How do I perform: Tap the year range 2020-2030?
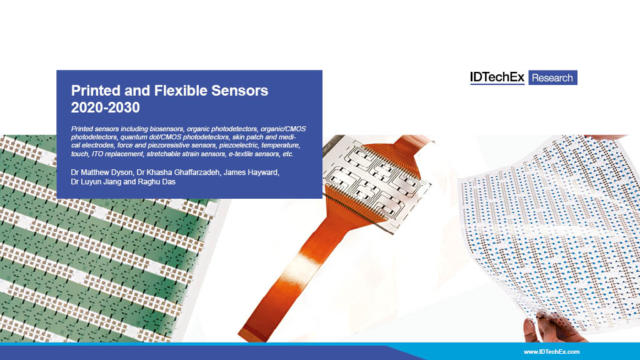[105, 107]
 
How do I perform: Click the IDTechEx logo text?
[497, 77]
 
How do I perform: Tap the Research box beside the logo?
[552, 77]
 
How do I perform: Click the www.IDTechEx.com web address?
[551, 351]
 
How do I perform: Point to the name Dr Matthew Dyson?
[102, 172]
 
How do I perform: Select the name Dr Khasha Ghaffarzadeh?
[178, 172]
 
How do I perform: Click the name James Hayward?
[251, 172]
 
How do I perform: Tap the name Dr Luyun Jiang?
[96, 182]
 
